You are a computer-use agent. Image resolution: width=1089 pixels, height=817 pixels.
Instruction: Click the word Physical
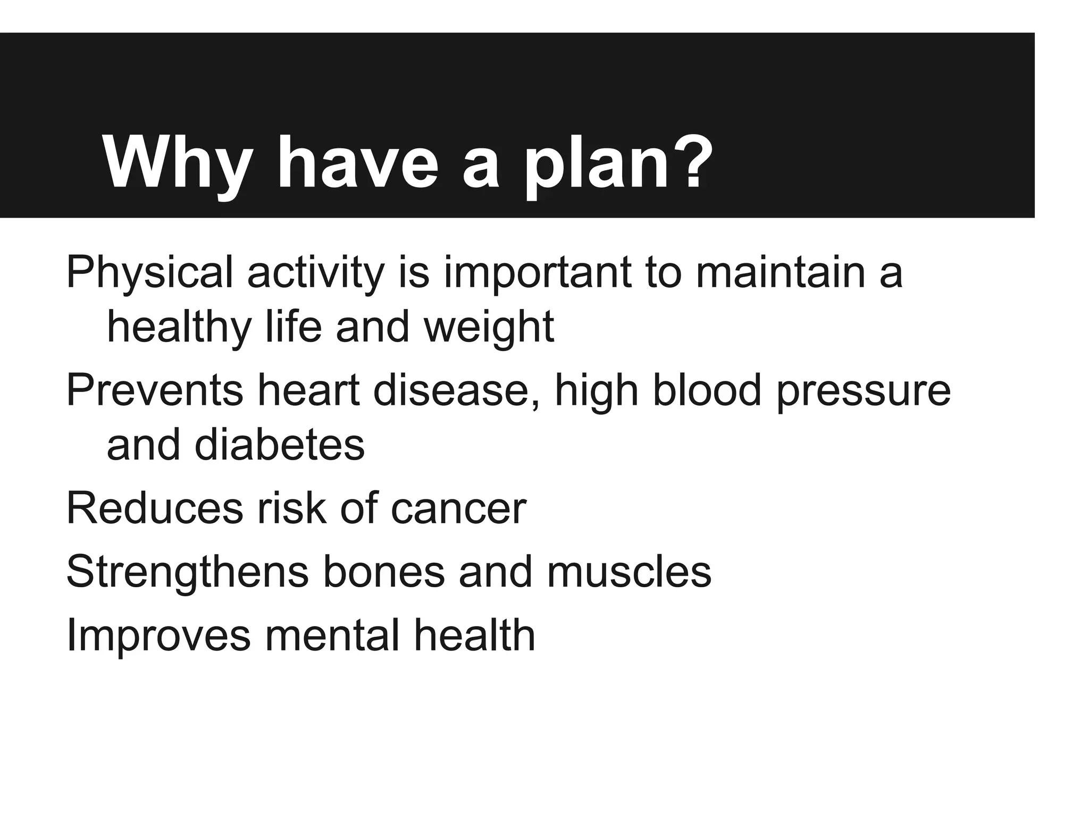(x=149, y=273)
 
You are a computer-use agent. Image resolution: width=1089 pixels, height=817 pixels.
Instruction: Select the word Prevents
(x=155, y=390)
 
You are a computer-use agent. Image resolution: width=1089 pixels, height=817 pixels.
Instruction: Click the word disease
(x=457, y=390)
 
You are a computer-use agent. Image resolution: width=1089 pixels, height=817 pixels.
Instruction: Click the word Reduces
(x=155, y=508)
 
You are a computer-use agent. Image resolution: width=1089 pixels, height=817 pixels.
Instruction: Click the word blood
(x=707, y=390)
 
